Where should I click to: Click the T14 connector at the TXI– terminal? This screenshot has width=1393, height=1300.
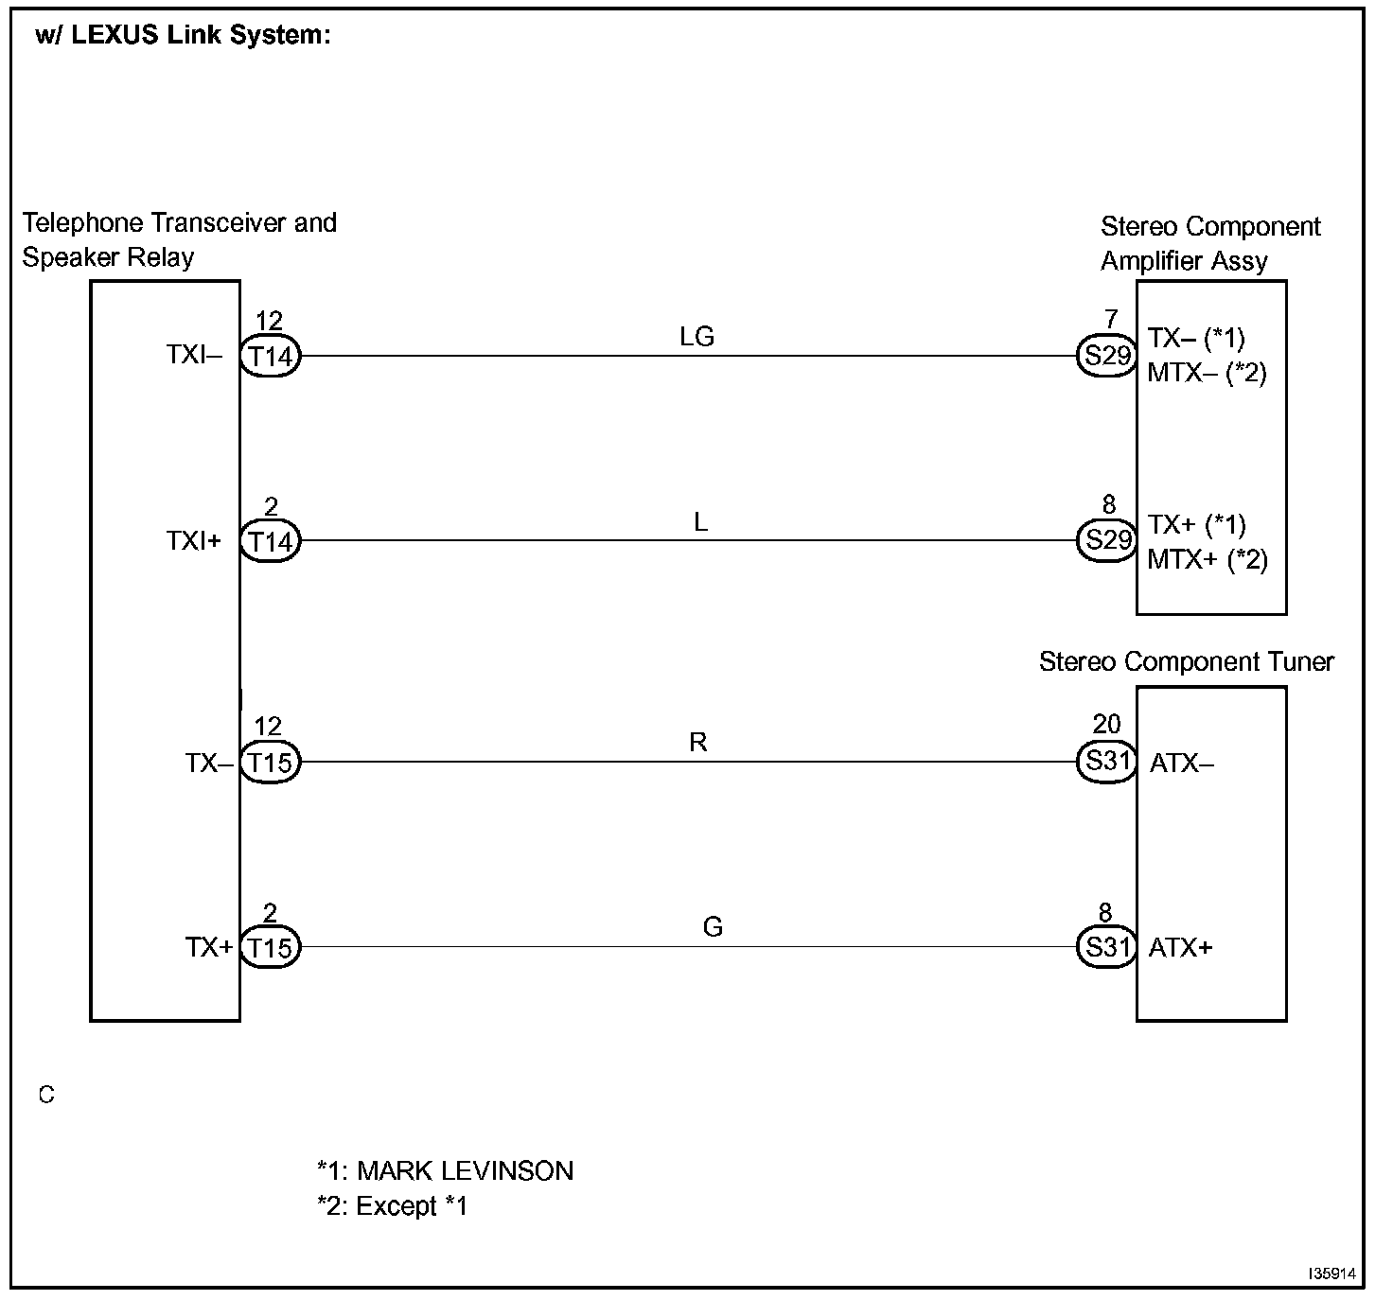tap(271, 356)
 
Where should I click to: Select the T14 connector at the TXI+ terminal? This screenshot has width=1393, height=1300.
tap(271, 541)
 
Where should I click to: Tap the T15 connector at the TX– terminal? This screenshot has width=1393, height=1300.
tap(271, 762)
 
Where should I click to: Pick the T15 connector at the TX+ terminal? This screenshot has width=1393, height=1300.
tap(271, 947)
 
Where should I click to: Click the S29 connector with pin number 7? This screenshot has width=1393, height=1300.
tap(1107, 356)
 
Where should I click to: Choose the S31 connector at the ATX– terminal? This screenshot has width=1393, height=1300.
tap(1107, 762)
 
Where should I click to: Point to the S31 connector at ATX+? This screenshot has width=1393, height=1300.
tap(1107, 947)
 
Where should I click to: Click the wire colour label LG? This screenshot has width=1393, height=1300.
tap(696, 337)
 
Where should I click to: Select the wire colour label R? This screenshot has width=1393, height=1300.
tap(697, 742)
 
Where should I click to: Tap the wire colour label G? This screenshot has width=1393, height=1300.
tap(713, 927)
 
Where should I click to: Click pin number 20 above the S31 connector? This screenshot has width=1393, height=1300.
tap(1107, 723)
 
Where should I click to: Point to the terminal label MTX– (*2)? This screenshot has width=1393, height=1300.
tap(1208, 373)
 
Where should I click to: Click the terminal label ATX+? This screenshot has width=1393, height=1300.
tap(1180, 948)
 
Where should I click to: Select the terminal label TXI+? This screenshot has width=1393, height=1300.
tap(194, 541)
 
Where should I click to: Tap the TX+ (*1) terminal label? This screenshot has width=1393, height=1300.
tap(1196, 525)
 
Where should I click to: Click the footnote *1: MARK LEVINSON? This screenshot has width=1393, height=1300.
tap(446, 1171)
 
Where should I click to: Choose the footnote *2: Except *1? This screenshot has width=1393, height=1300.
tap(392, 1206)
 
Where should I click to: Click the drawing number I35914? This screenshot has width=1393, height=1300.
tap(1332, 1274)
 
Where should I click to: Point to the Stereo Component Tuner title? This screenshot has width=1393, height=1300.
tap(1186, 661)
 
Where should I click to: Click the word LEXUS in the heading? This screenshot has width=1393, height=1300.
tap(115, 34)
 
